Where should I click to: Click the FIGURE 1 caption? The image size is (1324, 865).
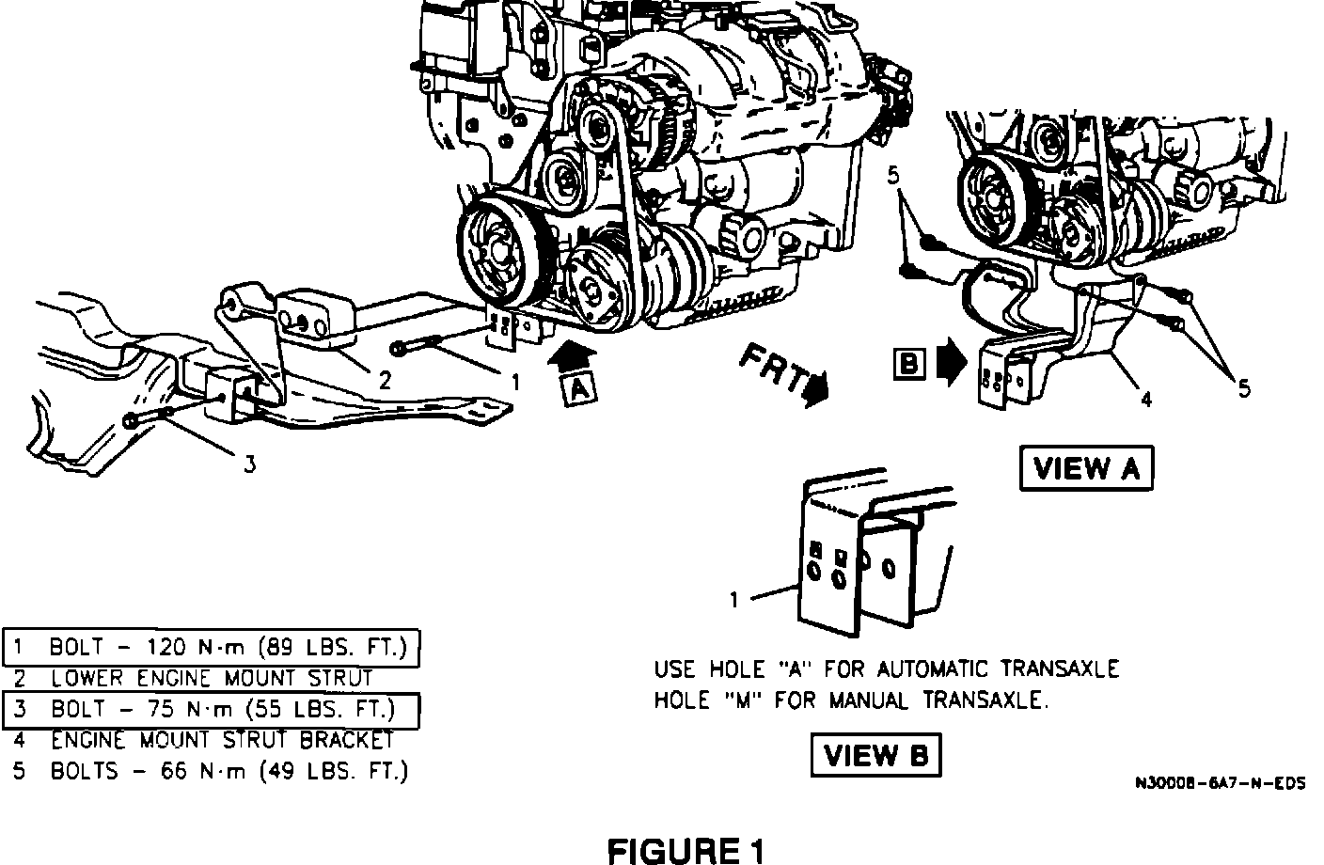click(x=686, y=850)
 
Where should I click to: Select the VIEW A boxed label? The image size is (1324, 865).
click(x=1085, y=468)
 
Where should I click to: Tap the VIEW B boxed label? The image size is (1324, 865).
click(x=875, y=754)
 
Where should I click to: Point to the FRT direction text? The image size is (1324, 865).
click(x=773, y=368)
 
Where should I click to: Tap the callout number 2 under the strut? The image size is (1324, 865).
click(x=385, y=380)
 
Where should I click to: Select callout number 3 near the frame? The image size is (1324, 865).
click(x=249, y=464)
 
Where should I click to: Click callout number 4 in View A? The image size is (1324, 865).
click(x=1145, y=401)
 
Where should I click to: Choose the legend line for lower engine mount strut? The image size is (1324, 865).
click(x=212, y=677)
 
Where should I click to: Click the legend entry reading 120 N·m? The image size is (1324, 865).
click(x=211, y=647)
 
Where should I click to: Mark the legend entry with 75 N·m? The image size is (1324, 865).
click(x=211, y=708)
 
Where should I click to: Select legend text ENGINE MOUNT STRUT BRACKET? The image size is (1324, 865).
click(x=222, y=739)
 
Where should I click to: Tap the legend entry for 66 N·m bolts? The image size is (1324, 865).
click(x=211, y=771)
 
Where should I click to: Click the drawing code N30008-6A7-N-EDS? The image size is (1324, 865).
click(x=1220, y=782)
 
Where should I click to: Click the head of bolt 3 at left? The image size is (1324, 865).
click(x=130, y=422)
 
